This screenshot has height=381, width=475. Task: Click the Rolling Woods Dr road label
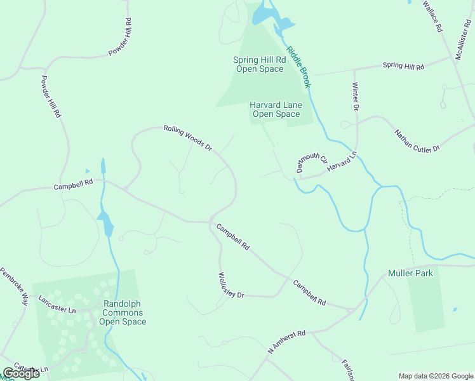tap(187, 137)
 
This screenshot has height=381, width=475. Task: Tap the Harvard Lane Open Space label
tap(276, 109)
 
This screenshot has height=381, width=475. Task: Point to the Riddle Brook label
tap(298, 67)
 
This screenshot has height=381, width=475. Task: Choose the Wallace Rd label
tap(432, 17)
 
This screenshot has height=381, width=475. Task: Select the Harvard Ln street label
tap(343, 161)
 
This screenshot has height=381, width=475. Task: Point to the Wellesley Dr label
tap(232, 286)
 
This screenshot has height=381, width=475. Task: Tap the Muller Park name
tap(410, 274)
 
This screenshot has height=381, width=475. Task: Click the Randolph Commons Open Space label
tap(123, 312)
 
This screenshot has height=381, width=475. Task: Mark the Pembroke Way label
tap(15, 287)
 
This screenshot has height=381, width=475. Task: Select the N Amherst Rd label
tap(286, 342)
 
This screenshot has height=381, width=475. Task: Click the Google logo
tap(22, 373)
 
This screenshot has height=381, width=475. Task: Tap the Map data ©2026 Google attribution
tap(436, 376)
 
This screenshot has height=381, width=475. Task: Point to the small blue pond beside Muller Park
tap(455, 310)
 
